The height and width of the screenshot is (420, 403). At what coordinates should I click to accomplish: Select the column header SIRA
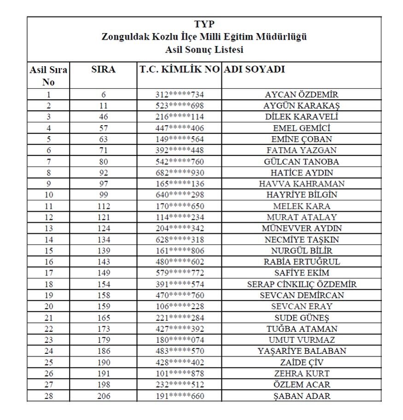(x=104, y=70)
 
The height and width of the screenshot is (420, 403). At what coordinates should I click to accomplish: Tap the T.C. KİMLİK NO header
(x=179, y=70)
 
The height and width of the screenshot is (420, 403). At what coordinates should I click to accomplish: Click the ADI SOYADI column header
(x=254, y=70)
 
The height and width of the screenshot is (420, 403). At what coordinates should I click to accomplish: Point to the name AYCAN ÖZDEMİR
(x=302, y=95)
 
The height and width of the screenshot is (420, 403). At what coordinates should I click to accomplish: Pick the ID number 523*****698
(x=179, y=106)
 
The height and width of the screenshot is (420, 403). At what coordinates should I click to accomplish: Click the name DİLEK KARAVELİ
(x=302, y=117)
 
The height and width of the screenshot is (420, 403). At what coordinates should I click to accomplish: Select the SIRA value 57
(x=104, y=128)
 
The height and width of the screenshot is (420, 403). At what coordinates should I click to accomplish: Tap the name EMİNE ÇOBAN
(x=302, y=139)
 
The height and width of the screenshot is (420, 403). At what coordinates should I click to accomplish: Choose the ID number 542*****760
(x=179, y=161)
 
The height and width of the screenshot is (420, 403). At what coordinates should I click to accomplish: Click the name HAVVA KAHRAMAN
(x=302, y=184)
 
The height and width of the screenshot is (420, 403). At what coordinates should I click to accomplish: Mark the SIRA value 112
(x=104, y=206)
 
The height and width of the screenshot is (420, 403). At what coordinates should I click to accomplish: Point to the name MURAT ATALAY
(x=302, y=217)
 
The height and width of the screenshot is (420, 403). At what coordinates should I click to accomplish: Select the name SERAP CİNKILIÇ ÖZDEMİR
(x=302, y=284)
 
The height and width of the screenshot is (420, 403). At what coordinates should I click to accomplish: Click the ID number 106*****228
(x=179, y=306)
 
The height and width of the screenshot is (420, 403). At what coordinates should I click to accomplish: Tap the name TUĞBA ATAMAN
(x=302, y=329)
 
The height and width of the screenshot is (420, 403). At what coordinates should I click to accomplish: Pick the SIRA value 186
(x=104, y=351)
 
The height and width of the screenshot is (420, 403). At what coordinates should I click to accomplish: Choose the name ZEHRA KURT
(x=302, y=374)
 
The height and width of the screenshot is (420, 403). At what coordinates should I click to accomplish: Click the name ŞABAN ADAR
(x=302, y=396)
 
